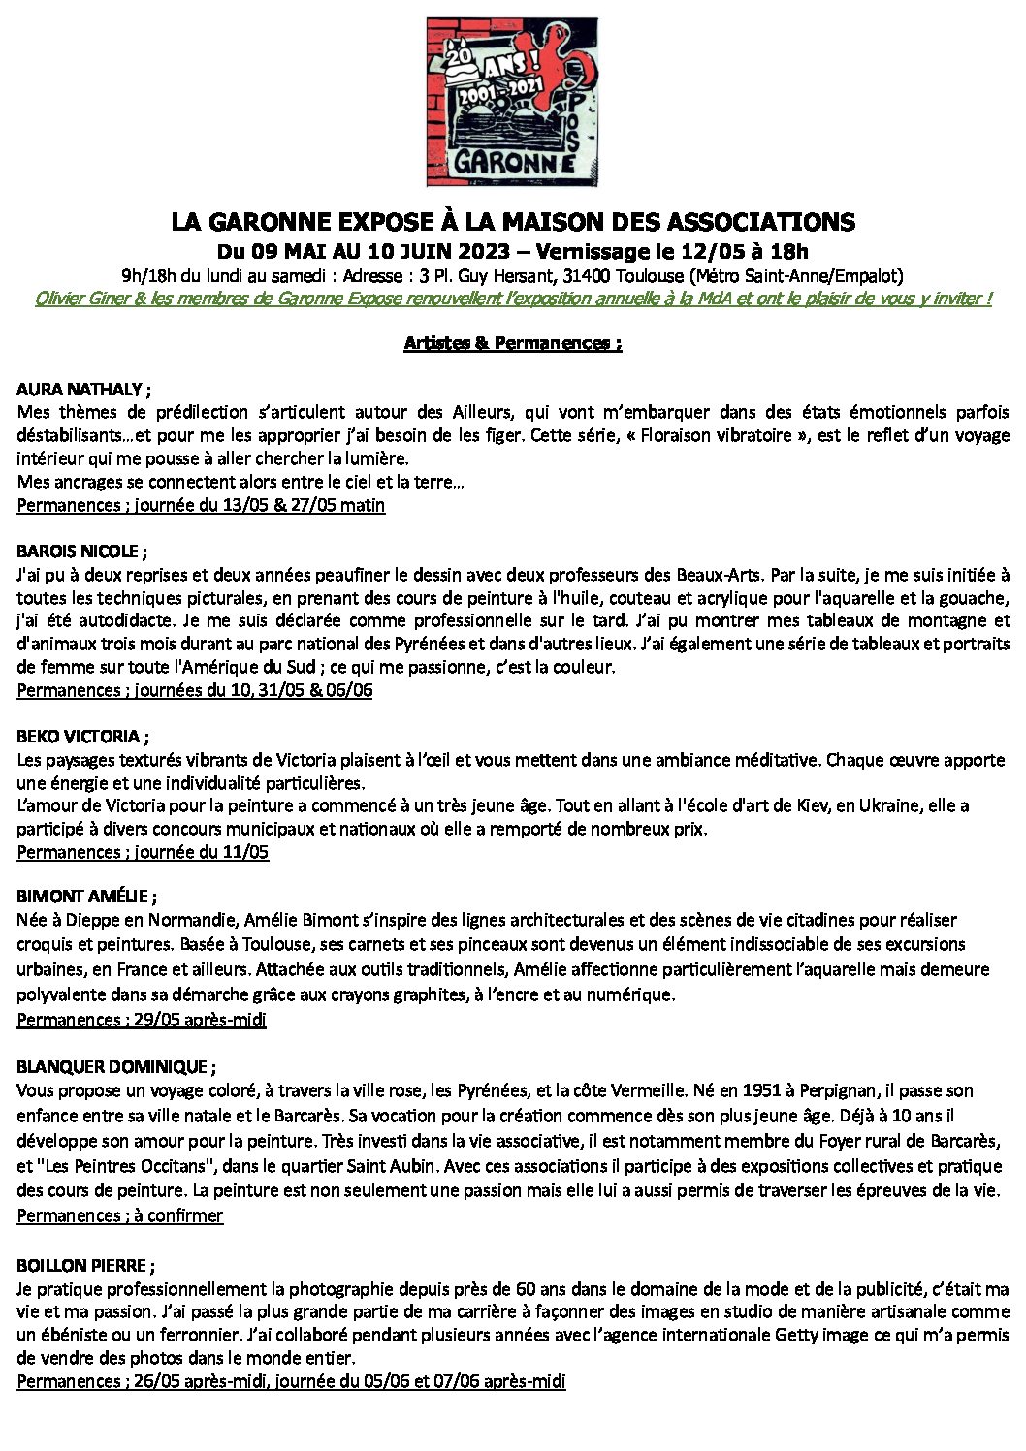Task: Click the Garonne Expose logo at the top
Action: (512, 102)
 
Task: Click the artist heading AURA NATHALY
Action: (83, 390)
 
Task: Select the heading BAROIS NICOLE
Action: (81, 552)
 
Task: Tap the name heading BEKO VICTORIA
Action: (82, 737)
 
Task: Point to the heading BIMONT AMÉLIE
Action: (86, 897)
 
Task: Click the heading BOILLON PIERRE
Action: (85, 1266)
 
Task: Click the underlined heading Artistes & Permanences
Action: (512, 343)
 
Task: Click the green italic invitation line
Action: (512, 299)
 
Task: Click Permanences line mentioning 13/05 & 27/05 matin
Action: (201, 505)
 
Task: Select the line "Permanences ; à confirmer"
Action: (119, 1215)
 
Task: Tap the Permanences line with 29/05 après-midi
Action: (142, 1020)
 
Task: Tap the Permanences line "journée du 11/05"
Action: (143, 852)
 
